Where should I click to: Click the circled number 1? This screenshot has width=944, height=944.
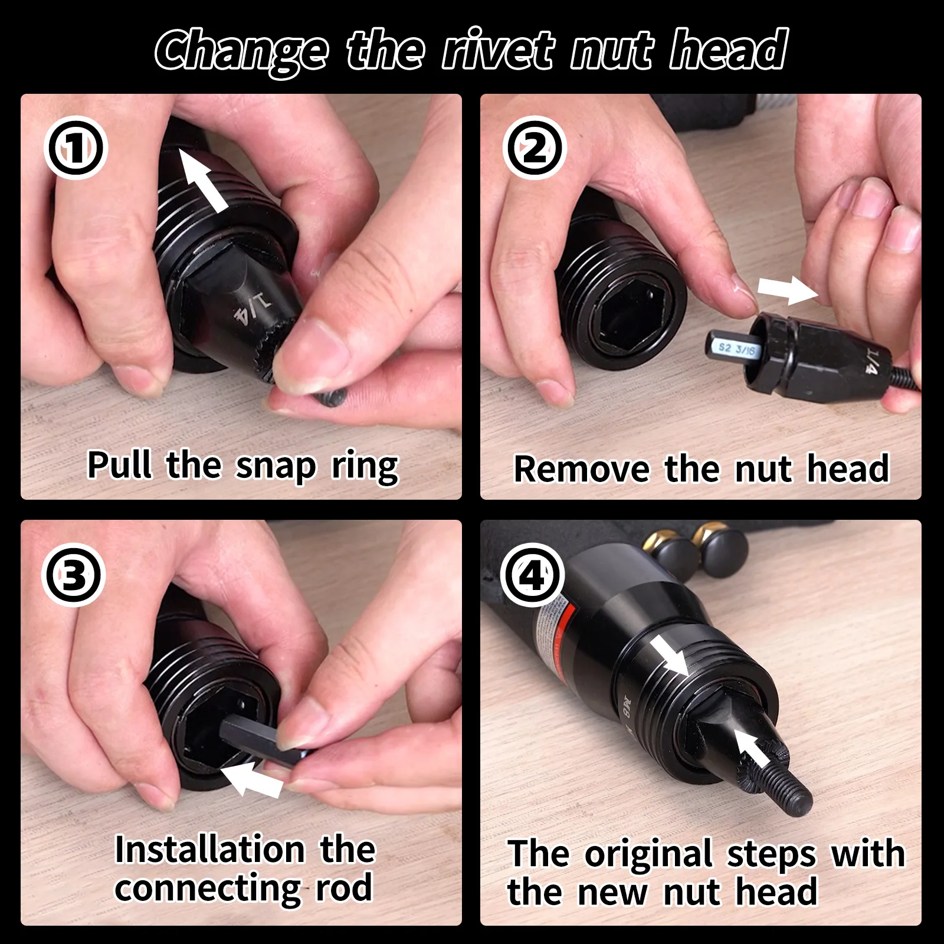pos(76,148)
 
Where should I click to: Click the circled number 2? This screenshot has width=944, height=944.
pos(535,148)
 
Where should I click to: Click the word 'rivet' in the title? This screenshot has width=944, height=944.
pos(499,51)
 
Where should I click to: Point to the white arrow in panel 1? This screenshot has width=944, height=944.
pos(203,179)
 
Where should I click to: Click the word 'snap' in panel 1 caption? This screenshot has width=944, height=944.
pos(276,466)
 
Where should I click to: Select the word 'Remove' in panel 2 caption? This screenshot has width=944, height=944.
pos(581,470)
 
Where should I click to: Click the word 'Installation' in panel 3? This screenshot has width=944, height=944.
pos(209,850)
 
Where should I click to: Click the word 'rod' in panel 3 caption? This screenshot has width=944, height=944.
pos(344,889)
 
